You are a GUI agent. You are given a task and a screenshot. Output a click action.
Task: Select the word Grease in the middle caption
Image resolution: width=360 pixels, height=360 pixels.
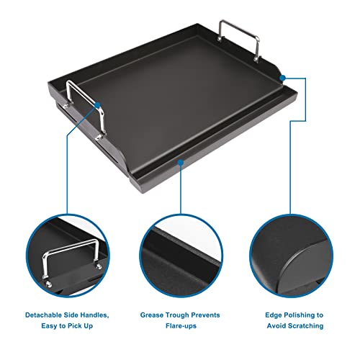coord(153,315)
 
